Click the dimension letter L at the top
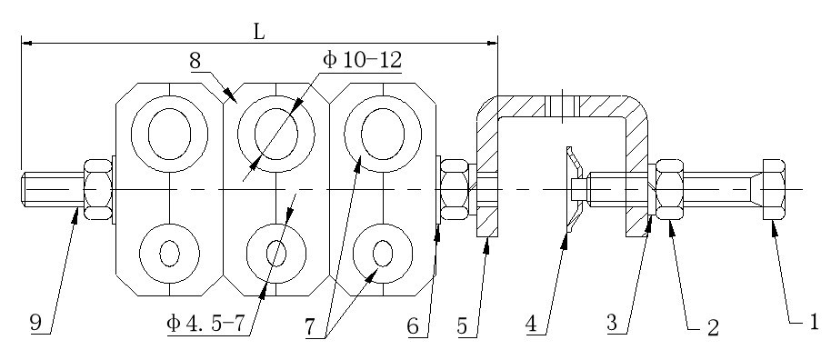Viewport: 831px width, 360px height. click(258, 33)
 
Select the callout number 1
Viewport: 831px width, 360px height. click(815, 322)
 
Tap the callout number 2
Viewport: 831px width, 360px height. click(713, 327)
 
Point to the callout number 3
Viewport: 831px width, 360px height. click(613, 323)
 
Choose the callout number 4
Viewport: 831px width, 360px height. click(533, 325)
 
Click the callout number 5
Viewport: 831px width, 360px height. click(463, 326)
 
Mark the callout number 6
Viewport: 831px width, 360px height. click(413, 326)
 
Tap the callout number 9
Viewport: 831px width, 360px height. click(35, 323)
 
